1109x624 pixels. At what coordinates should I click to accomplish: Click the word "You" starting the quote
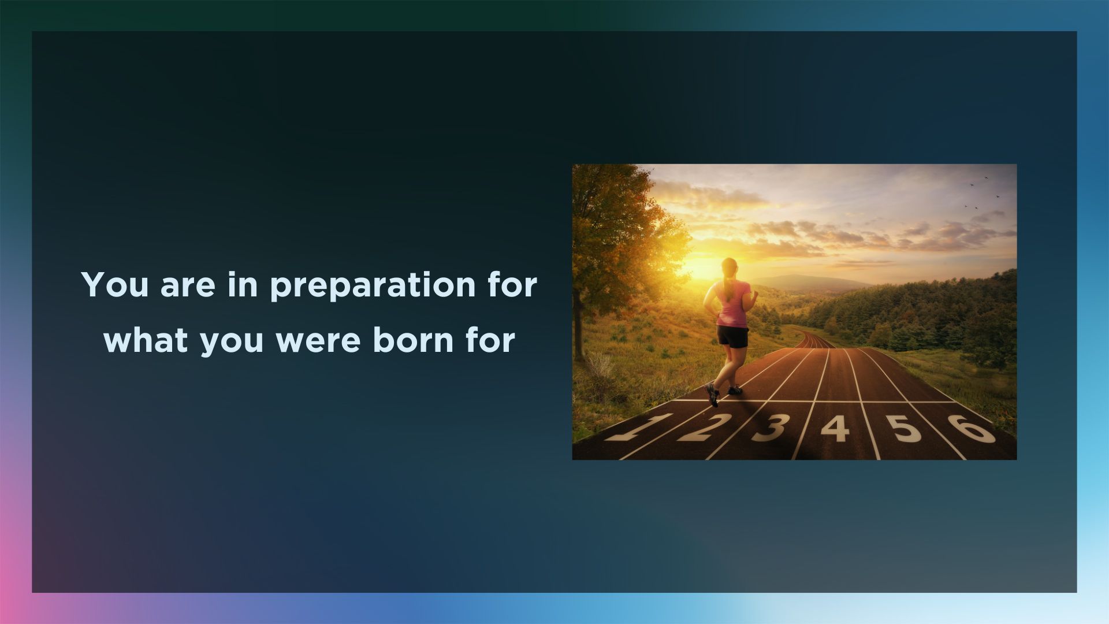pyautogui.click(x=116, y=284)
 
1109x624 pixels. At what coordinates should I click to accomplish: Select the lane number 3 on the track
pyautogui.click(x=771, y=428)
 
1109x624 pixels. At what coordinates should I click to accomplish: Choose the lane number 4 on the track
pyautogui.click(x=835, y=428)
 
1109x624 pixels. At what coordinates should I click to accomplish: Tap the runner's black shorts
pyautogui.click(x=732, y=337)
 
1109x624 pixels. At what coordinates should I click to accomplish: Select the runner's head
pyautogui.click(x=730, y=267)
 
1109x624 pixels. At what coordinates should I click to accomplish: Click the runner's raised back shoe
pyautogui.click(x=712, y=395)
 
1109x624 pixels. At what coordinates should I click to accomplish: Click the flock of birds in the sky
pyautogui.click(x=982, y=194)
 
